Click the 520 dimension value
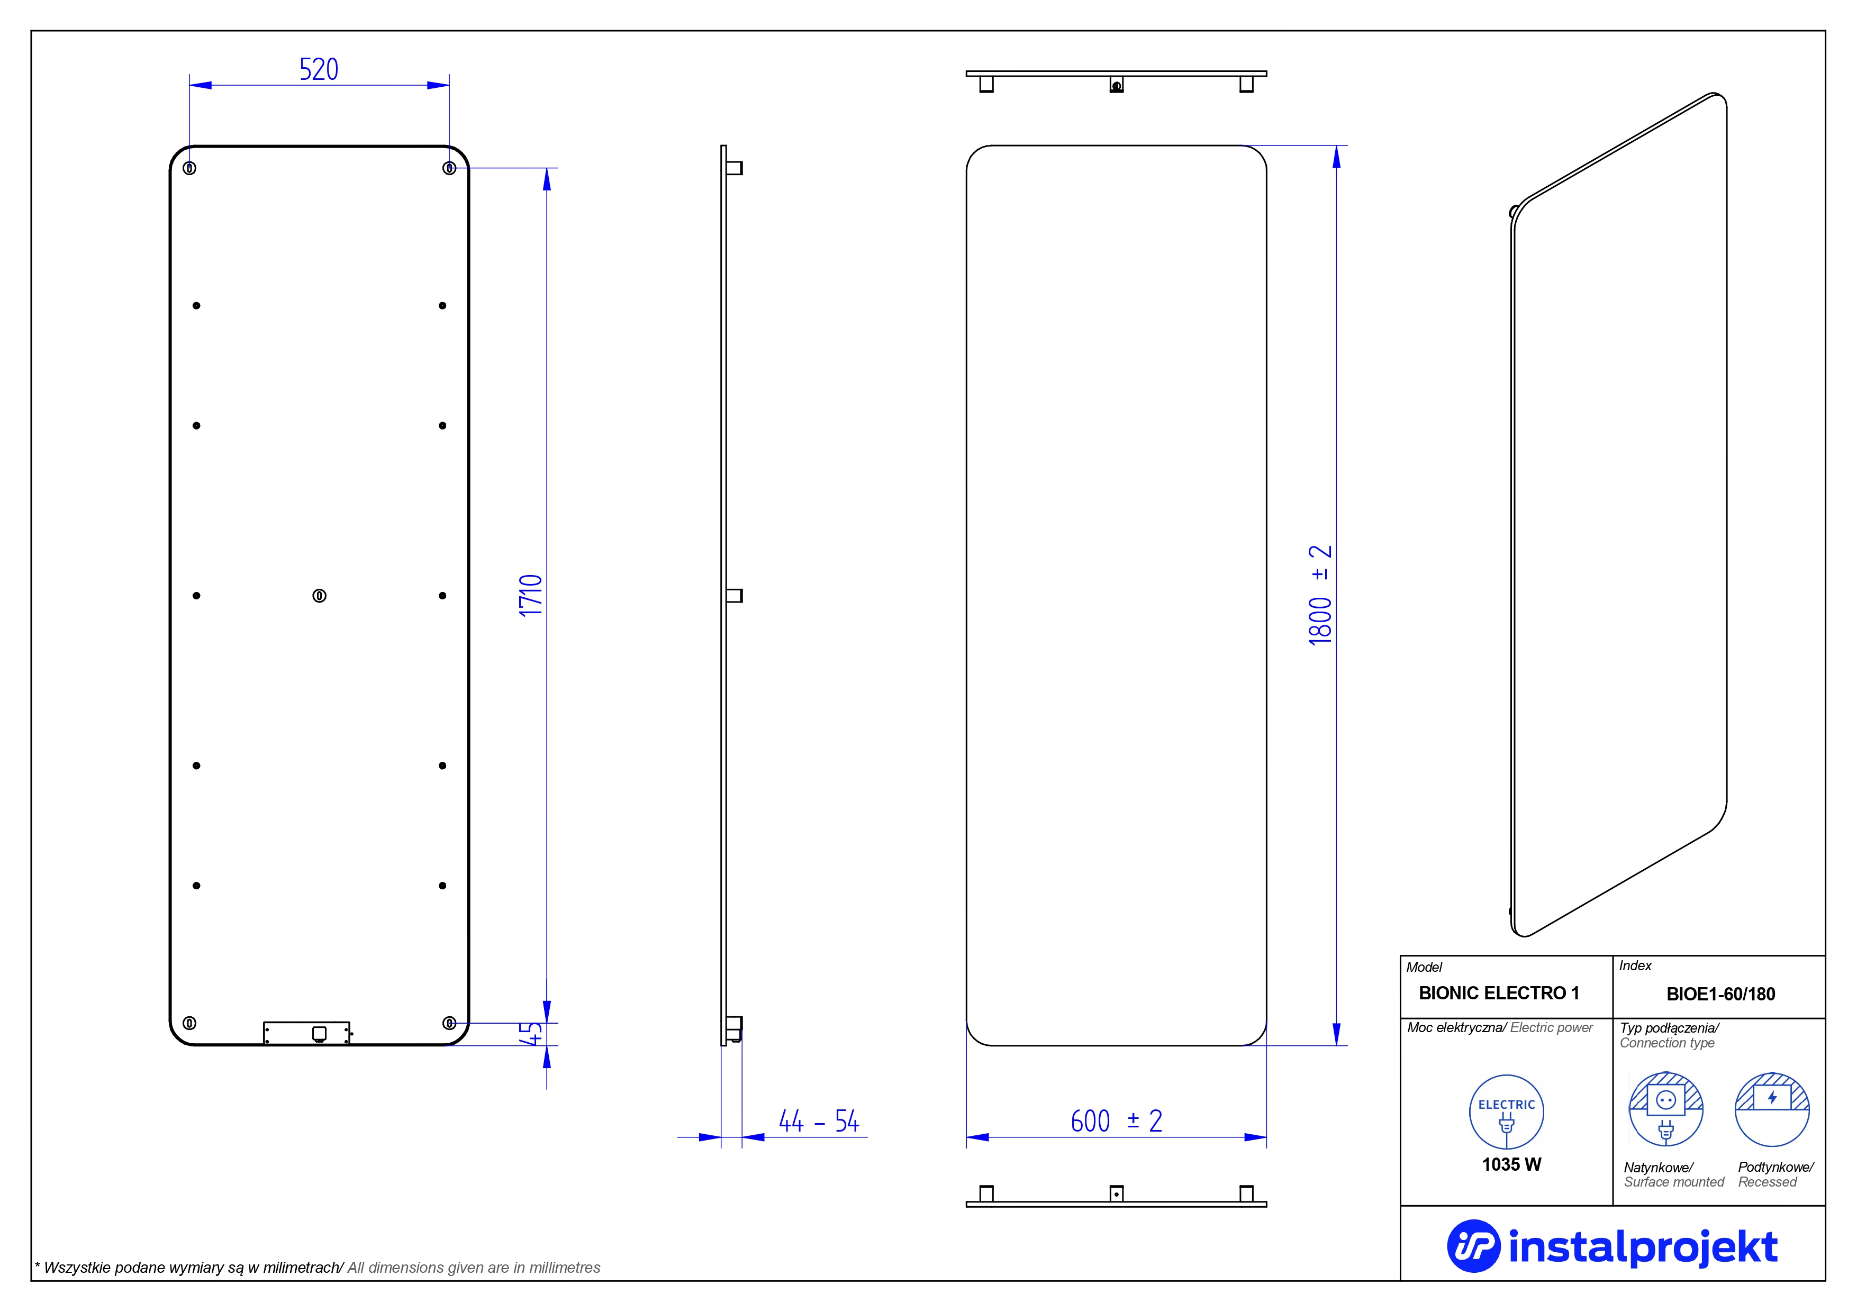pyautogui.click(x=319, y=69)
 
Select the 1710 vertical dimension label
pyautogui.click(x=531, y=596)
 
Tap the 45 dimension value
pyautogui.click(x=531, y=1034)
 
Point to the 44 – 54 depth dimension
pyautogui.click(x=819, y=1121)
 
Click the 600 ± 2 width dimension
pyautogui.click(x=1116, y=1121)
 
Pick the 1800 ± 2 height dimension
pyautogui.click(x=1320, y=596)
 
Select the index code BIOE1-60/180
pyautogui.click(x=1720, y=994)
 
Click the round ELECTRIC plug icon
pyautogui.click(x=1506, y=1111)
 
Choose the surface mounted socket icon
pyautogui.click(x=1665, y=1109)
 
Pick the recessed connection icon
pyautogui.click(x=1772, y=1109)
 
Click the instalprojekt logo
pyautogui.click(x=1612, y=1246)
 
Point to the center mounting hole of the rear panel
pyautogui.click(x=320, y=596)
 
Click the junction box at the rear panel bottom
pyautogui.click(x=306, y=1033)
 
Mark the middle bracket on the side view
pyautogui.click(x=735, y=596)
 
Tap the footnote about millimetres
pyautogui.click(x=317, y=1268)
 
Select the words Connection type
pyautogui.click(x=1667, y=1043)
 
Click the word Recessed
pyautogui.click(x=1767, y=1182)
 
